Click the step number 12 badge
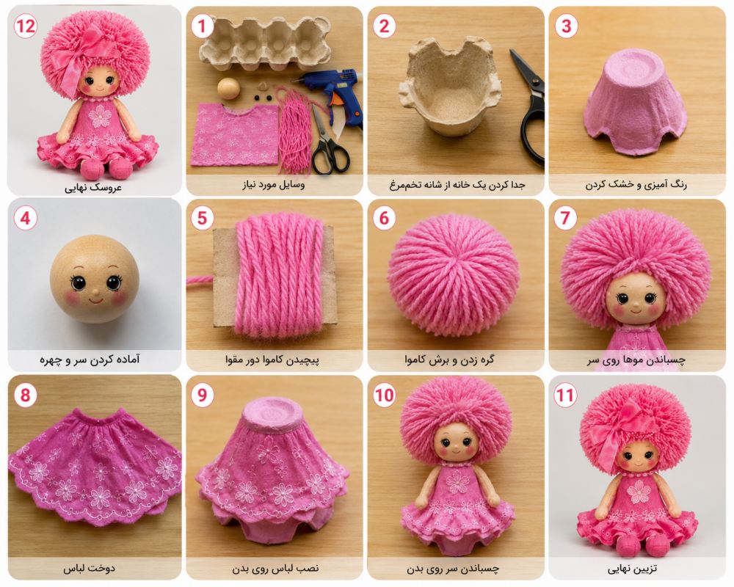coord(25,26)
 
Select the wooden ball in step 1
coord(228,89)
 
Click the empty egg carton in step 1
coord(264,43)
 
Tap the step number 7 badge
coord(565,218)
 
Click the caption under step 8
coord(89,568)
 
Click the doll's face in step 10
coord(454,445)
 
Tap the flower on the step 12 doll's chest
coord(100,116)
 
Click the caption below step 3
coord(636,185)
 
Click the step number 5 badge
coord(203,218)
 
